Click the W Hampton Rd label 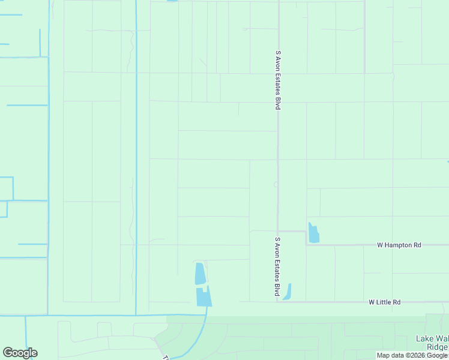tap(399, 245)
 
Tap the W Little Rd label tap(384, 302)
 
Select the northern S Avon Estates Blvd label tap(279, 80)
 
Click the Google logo tap(20, 353)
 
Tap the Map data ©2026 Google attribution tap(412, 355)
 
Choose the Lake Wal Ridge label tap(432, 343)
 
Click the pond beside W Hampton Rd tap(313, 233)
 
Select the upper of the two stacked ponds tap(200, 274)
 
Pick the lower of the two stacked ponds tap(203, 296)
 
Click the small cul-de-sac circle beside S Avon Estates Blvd tap(276, 185)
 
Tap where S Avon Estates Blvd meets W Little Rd tap(278, 302)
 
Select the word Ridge tap(436, 347)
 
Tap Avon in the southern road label tap(277, 248)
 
